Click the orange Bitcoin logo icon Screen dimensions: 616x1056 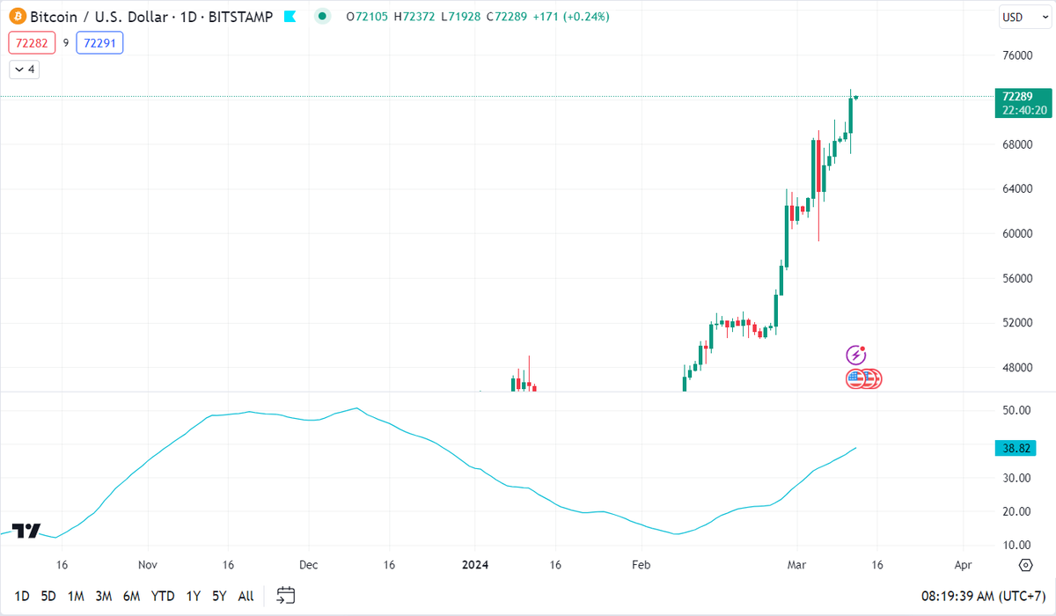[17, 17]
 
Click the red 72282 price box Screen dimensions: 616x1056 [32, 42]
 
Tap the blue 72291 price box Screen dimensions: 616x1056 [99, 42]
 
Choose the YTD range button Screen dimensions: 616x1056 [164, 596]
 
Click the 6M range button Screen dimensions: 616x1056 [132, 596]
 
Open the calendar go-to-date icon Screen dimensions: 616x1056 [285, 596]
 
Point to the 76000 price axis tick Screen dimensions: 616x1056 [1016, 55]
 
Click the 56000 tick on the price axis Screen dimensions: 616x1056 [1016, 278]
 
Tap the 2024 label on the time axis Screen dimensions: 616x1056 [475, 564]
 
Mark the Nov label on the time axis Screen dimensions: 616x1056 [147, 564]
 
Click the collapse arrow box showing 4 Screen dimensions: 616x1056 [25, 70]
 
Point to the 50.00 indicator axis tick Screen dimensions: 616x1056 [1016, 410]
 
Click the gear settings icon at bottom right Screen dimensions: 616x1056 [1025, 564]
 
